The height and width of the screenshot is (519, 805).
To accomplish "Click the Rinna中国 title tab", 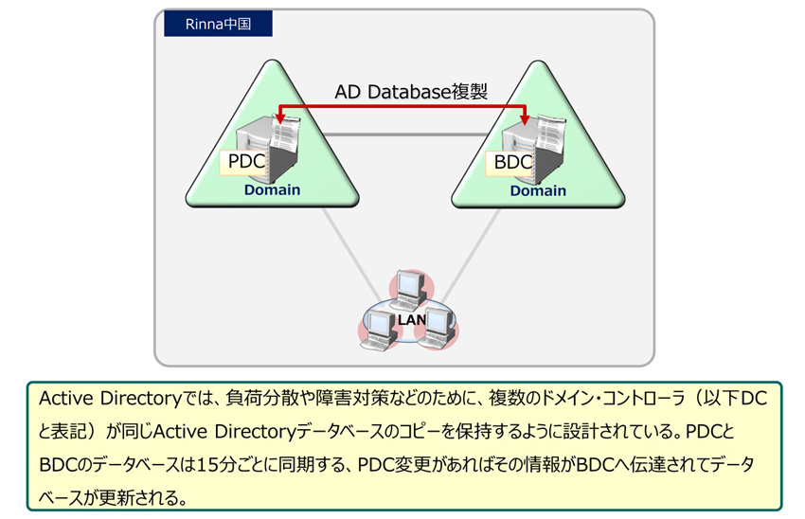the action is coord(218,24).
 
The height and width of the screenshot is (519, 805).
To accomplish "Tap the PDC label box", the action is coord(242,162).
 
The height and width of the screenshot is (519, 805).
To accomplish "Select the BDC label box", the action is coord(509,163).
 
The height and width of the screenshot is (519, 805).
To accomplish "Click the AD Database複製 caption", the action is coord(411,92).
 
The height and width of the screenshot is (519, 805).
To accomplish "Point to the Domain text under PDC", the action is coord(272,190).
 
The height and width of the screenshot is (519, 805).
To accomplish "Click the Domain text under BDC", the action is coord(538,191).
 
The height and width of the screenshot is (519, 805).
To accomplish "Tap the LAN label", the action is coord(412,320).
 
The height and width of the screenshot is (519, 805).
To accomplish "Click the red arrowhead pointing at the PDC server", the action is coord(279,118).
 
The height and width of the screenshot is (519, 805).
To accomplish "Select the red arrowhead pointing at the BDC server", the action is coord(525,119).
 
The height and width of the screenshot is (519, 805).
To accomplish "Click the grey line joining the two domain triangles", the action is coord(405,134).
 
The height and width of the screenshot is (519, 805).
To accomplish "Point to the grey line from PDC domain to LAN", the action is coord(351,255).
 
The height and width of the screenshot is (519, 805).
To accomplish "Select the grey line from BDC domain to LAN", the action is coord(471,255).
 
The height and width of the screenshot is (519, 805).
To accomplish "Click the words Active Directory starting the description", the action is coord(111,399).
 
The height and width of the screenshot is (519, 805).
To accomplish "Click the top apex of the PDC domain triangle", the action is coord(273,61).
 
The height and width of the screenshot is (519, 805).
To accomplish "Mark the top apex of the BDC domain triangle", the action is coord(539,62).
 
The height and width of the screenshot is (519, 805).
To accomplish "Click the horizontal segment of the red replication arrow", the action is coord(402,106).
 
